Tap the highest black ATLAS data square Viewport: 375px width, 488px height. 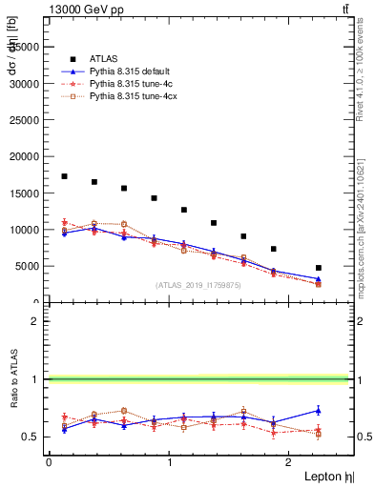[x=64, y=176]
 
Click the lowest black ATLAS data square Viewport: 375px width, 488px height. [x=319, y=268]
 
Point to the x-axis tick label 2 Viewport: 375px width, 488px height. [x=291, y=462]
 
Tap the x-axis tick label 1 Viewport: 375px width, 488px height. [x=170, y=462]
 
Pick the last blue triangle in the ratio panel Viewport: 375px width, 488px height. [x=319, y=411]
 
